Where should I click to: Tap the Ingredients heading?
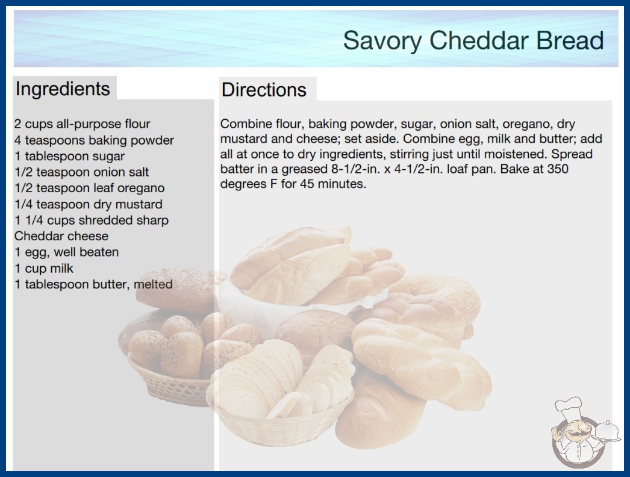(63, 89)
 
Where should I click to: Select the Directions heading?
(264, 90)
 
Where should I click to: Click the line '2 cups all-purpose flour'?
(83, 124)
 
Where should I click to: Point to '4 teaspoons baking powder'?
(94, 140)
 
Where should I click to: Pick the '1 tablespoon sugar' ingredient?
(69, 156)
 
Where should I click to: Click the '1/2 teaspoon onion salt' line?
(81, 172)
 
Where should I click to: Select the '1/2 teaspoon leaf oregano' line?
(90, 188)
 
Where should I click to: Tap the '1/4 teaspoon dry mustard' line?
(89, 204)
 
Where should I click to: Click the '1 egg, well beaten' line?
(67, 252)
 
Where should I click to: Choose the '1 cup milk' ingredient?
(44, 268)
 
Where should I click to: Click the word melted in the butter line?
(153, 284)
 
